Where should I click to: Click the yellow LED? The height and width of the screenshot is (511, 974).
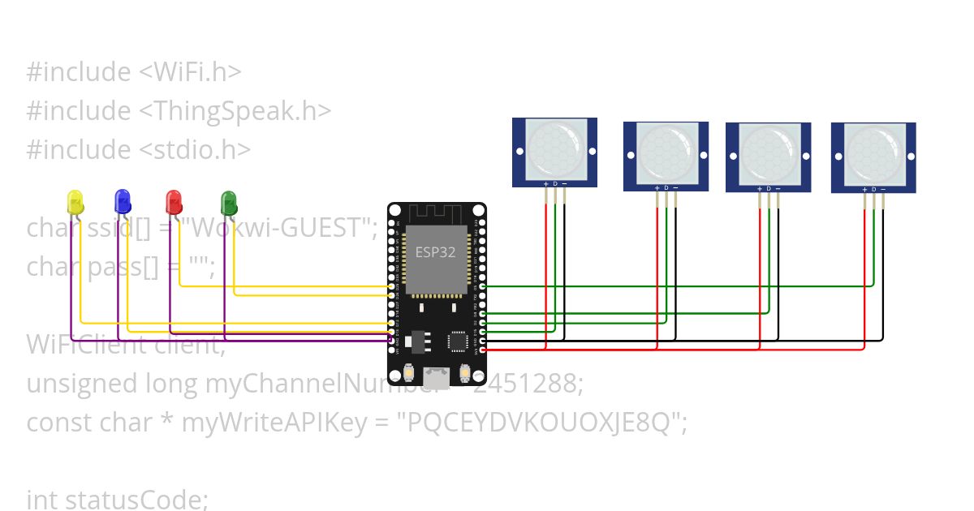[x=75, y=203]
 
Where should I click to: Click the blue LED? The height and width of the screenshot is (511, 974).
[x=123, y=201]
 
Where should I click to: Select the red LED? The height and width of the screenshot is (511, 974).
[x=173, y=201]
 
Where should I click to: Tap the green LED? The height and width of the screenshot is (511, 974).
[x=229, y=203]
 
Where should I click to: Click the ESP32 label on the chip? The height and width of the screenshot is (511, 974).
[x=435, y=252]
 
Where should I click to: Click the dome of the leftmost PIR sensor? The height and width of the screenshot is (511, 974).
[x=555, y=149]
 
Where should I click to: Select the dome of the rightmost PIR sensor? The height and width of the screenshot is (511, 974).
[x=874, y=154]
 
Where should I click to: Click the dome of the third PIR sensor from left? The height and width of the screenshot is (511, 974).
[x=769, y=154]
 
